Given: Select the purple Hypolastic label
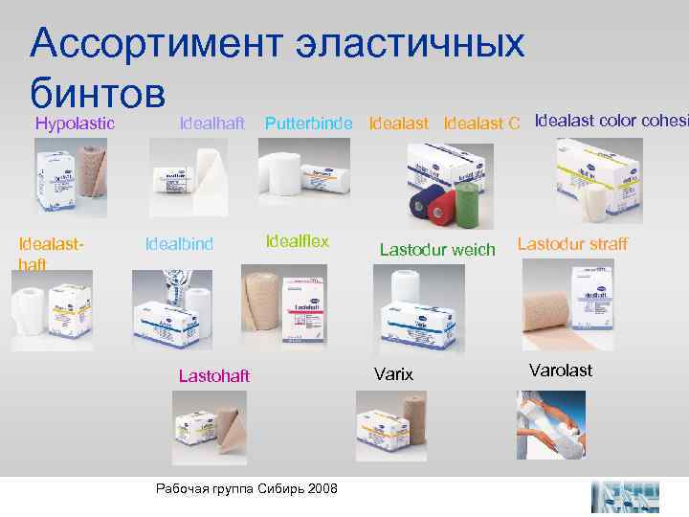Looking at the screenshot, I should point(76,123).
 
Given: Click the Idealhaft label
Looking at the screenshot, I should point(213,123).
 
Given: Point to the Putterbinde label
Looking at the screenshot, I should point(309,123).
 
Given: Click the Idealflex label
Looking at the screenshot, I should point(298,241).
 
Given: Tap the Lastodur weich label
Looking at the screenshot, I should point(437,250).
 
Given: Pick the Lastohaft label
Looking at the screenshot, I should point(214,376).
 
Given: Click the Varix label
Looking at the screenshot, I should point(394,374).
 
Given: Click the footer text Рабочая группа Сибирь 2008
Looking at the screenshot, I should point(247,488).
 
